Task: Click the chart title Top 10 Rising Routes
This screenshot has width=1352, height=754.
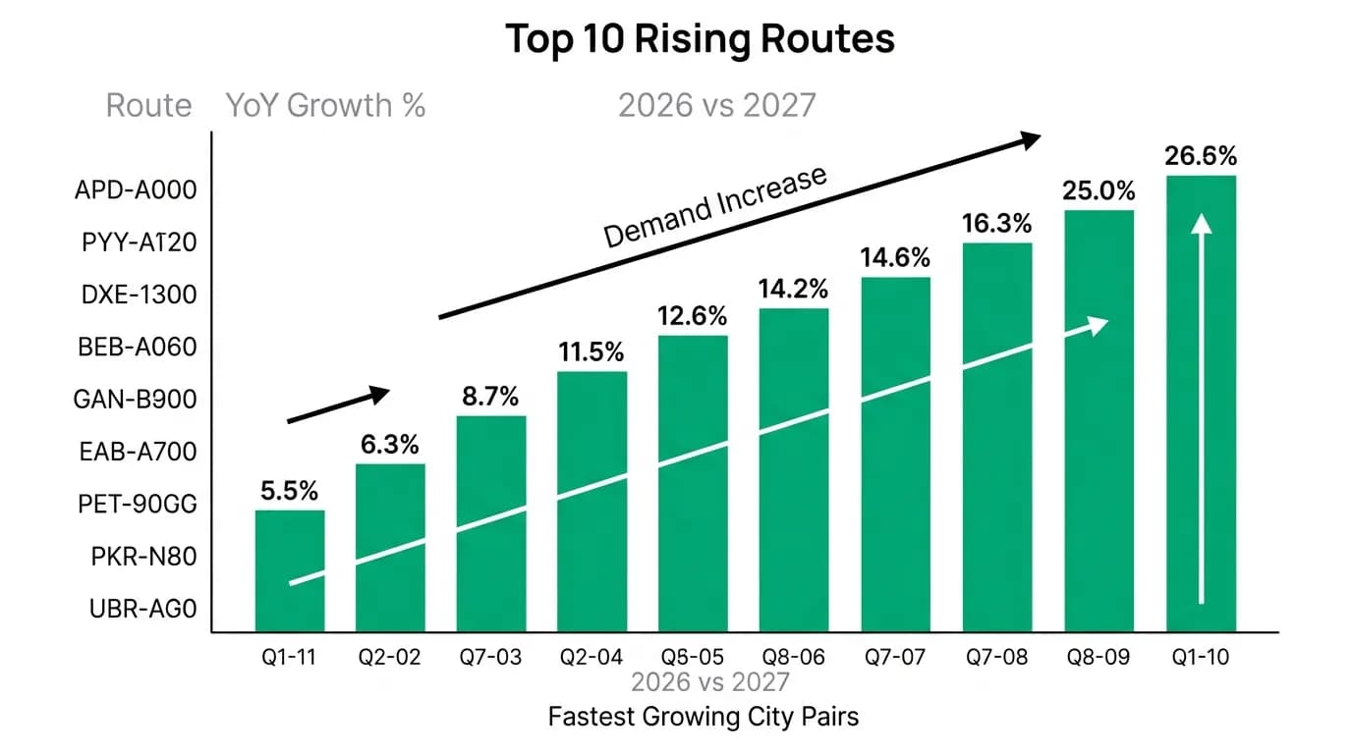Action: (700, 38)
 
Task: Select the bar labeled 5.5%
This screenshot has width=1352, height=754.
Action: (290, 570)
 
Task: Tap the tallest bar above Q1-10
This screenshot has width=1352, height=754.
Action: (1201, 404)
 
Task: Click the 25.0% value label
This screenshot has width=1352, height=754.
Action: (1098, 190)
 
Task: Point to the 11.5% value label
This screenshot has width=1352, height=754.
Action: (591, 351)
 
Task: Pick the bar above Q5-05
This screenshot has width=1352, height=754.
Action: (693, 483)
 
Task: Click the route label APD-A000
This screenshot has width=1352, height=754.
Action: (136, 190)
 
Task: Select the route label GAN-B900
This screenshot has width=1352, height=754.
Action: (135, 400)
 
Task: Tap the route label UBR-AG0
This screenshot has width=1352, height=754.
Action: (143, 609)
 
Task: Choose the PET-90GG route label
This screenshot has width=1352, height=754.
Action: (137, 504)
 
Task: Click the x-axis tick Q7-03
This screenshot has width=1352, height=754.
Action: (490, 657)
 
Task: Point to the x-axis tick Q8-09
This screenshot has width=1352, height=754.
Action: (1098, 657)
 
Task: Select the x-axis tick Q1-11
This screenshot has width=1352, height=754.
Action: (289, 657)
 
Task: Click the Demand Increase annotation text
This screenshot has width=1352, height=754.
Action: (715, 206)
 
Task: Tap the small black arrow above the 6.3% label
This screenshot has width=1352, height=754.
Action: (338, 404)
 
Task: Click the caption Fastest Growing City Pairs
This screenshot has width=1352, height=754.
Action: (704, 718)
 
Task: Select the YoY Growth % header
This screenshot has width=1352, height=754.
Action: (325, 106)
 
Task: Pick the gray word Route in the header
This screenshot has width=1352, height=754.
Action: (149, 106)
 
